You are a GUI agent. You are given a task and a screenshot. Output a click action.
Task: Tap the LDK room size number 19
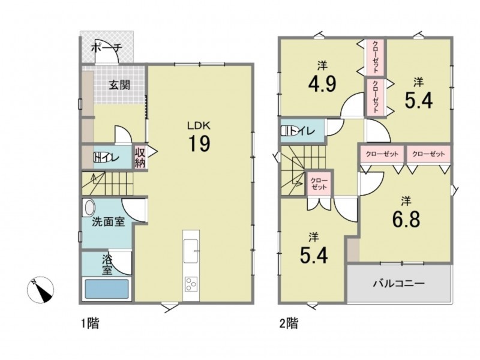(199, 143)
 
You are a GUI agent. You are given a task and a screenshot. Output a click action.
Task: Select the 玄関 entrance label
(119, 85)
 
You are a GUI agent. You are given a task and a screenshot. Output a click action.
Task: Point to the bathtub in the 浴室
(107, 289)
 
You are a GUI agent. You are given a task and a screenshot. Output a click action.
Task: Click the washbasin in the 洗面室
(89, 207)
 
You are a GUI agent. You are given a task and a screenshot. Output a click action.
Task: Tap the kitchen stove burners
(191, 284)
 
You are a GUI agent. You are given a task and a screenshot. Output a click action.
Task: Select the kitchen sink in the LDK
(190, 251)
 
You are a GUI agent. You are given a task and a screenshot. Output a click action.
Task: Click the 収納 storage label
(140, 157)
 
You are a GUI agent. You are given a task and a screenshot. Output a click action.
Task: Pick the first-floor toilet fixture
(100, 157)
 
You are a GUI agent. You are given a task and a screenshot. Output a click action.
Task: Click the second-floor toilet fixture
(287, 131)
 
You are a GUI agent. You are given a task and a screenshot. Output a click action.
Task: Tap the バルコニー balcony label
(398, 283)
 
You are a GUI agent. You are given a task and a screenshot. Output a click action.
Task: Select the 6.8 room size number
(406, 218)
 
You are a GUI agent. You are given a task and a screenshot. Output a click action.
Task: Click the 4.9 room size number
(322, 83)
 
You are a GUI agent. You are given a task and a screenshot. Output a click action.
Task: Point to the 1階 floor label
(91, 323)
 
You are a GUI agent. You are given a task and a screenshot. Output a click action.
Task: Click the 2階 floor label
(289, 323)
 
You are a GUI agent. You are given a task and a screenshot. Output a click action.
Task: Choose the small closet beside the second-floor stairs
(319, 183)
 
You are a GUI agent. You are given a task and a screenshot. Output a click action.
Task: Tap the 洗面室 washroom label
(109, 221)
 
